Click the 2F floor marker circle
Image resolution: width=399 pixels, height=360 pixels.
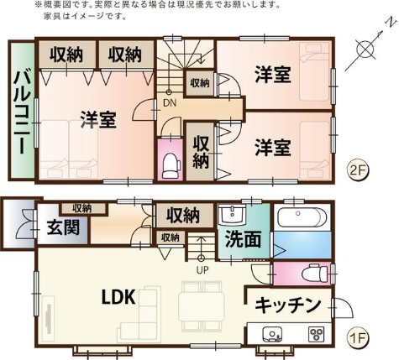point(359,170)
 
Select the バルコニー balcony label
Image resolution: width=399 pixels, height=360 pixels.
point(22,112)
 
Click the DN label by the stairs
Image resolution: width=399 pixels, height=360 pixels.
point(170,103)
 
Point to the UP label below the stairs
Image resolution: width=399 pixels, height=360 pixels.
point(202,270)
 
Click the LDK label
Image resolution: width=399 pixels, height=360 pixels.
point(118,297)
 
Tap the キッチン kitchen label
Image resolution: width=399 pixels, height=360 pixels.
point(288,305)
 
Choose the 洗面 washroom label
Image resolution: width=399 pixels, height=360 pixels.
point(243,239)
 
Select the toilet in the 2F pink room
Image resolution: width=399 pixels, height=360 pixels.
point(171,166)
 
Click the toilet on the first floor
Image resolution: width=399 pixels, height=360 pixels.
point(315,273)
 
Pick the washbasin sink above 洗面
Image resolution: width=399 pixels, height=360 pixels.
point(232,215)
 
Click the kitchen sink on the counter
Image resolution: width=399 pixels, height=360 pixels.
point(272,334)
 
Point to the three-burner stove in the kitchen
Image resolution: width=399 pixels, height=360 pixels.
point(317,334)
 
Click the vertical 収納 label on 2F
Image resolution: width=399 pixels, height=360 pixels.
point(201,152)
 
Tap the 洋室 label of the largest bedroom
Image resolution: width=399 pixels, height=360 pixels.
point(98,119)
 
